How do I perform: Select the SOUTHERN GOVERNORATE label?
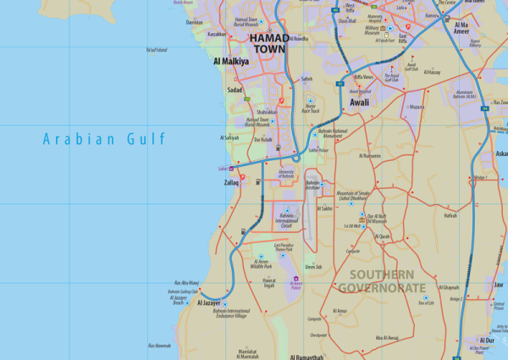pos(382,281)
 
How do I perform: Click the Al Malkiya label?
pos(231,62)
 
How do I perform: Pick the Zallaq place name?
pos(231,182)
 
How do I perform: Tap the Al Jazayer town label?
pos(208,302)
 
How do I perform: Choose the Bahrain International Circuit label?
pos(285,221)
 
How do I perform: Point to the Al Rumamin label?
pos(370,156)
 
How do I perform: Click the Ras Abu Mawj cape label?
pos(186,282)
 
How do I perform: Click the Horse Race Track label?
pos(310,108)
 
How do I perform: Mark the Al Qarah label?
pos(383,236)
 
